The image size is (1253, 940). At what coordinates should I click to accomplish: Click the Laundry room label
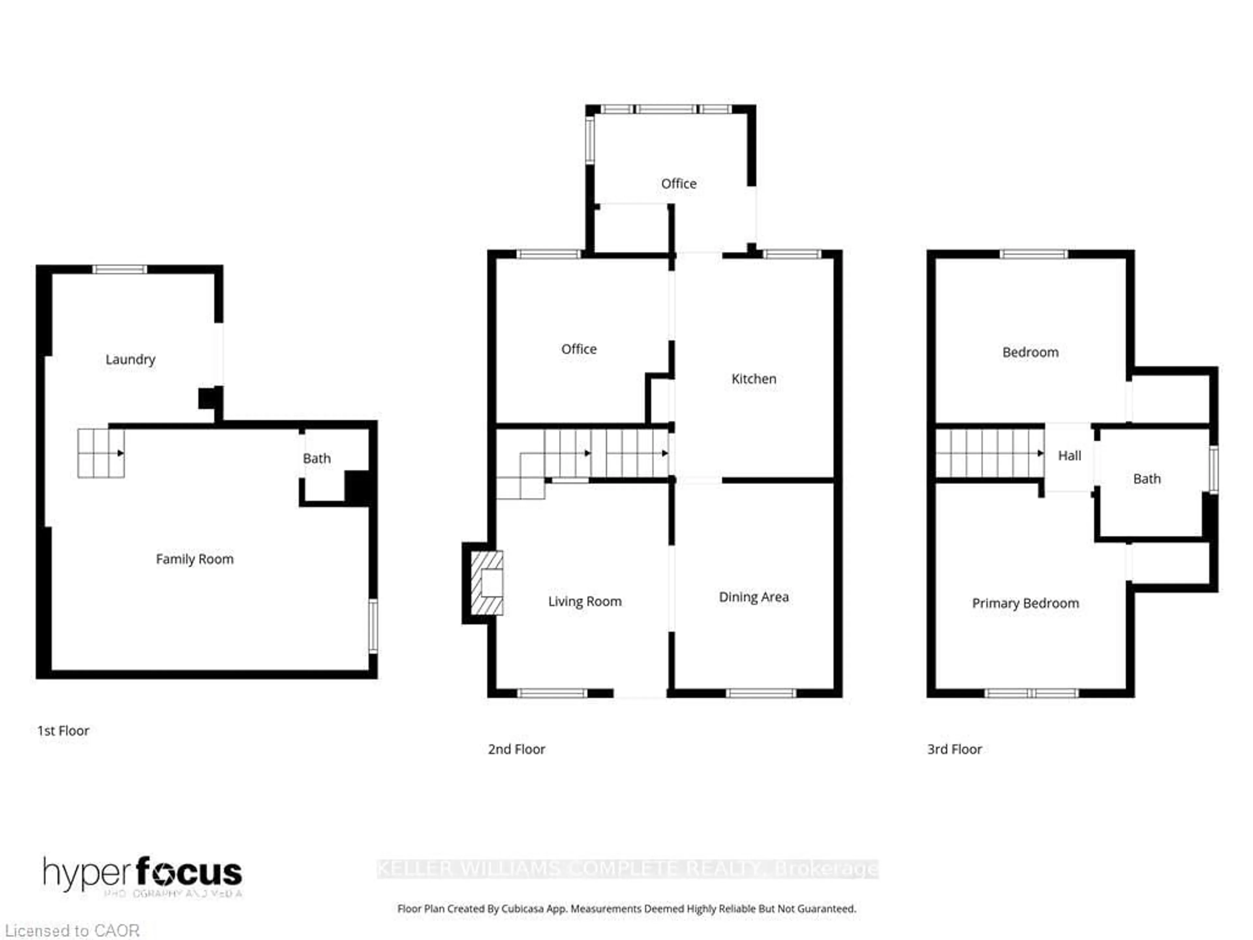click(x=130, y=359)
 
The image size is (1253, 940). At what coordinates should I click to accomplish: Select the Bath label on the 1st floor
click(x=317, y=458)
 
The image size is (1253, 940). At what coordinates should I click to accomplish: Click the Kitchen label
click(x=753, y=379)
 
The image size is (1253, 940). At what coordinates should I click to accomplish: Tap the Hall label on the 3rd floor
click(x=1070, y=456)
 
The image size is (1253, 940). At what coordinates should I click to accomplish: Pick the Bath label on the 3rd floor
click(x=1147, y=479)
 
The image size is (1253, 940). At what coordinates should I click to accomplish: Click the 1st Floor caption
click(x=63, y=731)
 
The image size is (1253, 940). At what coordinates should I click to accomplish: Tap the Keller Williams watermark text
click(x=627, y=869)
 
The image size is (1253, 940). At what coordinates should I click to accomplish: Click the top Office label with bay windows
click(x=679, y=183)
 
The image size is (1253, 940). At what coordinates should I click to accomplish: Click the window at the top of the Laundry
click(x=119, y=269)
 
